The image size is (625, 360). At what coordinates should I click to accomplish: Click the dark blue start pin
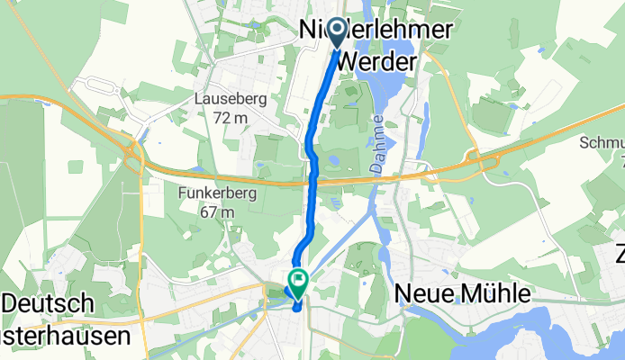(339, 33)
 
